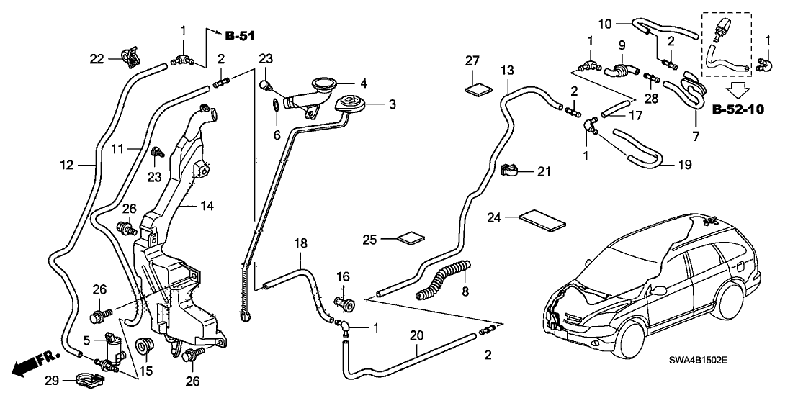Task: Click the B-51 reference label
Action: [240, 36]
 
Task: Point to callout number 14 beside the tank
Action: [207, 205]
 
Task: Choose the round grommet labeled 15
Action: [143, 347]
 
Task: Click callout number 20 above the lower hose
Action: [416, 336]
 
